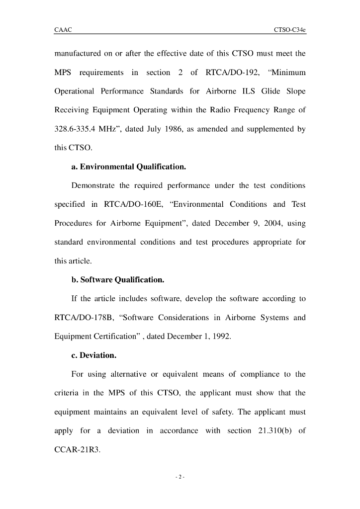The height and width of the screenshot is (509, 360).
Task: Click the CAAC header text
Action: point(63,30)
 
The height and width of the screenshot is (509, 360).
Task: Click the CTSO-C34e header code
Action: point(289,30)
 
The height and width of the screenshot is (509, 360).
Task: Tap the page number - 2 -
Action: point(180,478)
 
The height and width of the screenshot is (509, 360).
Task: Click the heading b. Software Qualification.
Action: point(118,280)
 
